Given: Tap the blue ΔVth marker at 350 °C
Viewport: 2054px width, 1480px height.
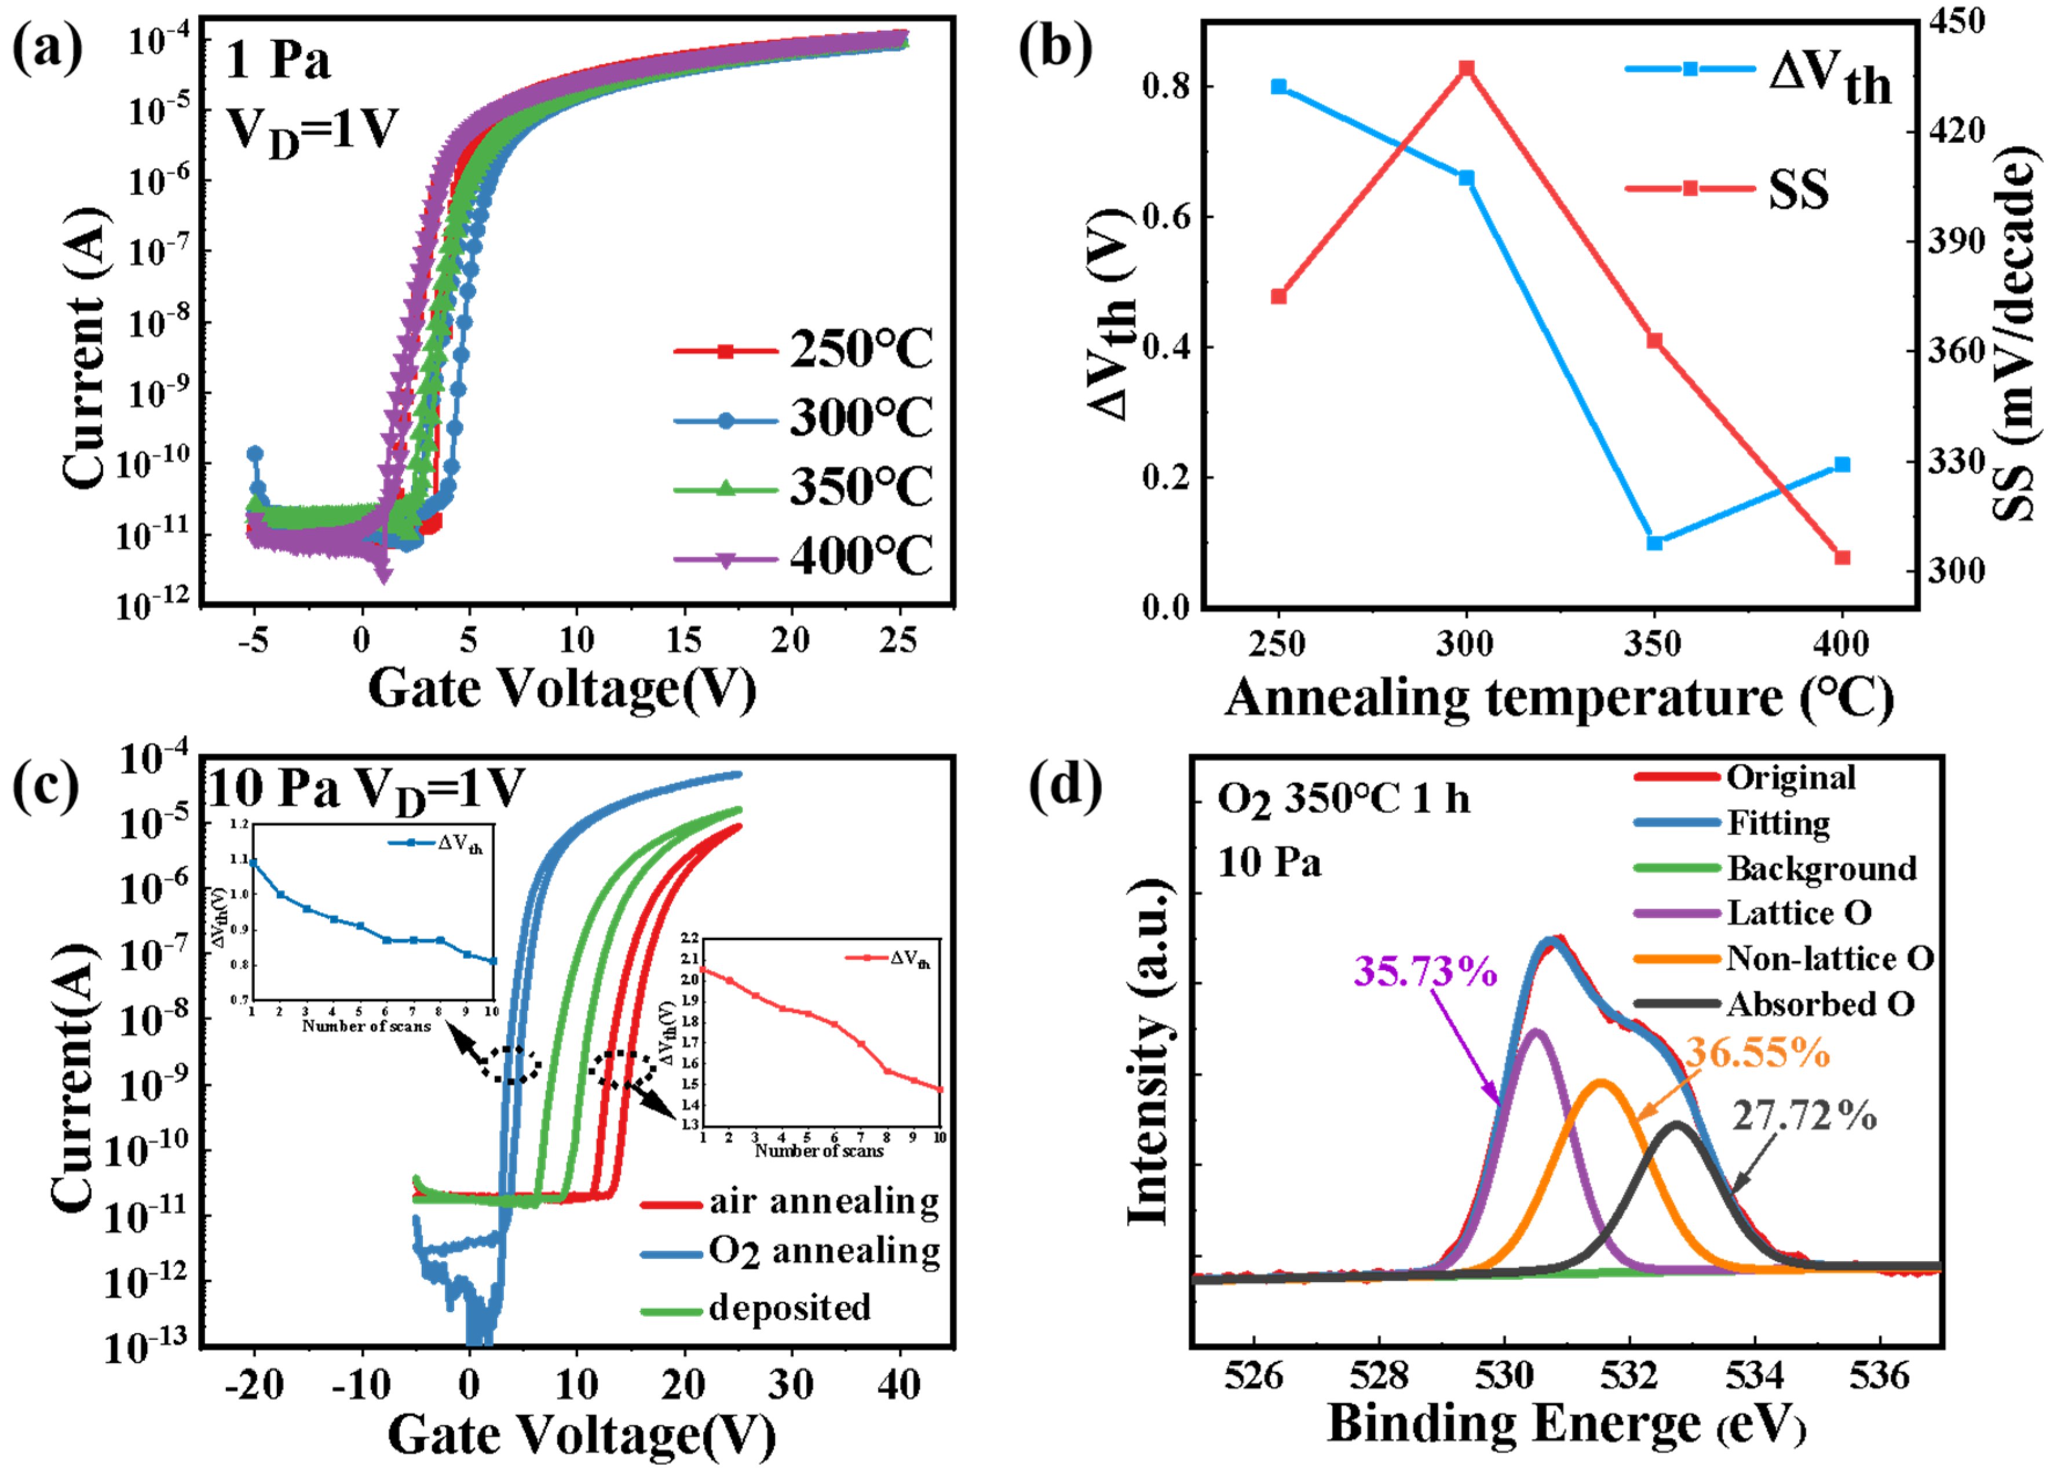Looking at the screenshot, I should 1654,543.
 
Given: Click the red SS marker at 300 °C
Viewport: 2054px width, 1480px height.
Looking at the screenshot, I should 1467,69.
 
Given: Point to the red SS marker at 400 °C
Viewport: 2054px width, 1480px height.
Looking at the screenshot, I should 1842,557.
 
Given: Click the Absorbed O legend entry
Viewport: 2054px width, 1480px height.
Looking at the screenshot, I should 1821,1004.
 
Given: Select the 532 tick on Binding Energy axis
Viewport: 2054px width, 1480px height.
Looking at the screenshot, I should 1629,1375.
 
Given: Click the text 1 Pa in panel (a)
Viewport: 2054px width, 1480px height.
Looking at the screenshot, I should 277,61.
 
